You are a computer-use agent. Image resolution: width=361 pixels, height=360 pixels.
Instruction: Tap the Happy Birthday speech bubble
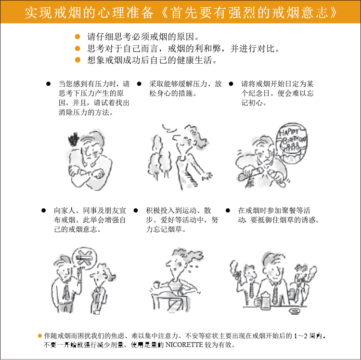[292, 143]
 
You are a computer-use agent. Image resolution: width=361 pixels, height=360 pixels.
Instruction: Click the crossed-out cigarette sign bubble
[84, 258]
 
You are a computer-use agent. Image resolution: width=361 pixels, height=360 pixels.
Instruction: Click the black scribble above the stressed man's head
[74, 139]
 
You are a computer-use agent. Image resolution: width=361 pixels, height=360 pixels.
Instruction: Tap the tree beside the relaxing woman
[159, 157]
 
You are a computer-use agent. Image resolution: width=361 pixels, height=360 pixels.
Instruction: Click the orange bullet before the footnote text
[39, 336]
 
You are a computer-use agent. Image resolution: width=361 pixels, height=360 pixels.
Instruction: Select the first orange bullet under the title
[77, 37]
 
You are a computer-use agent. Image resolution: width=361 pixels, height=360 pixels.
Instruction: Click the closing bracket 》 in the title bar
[334, 13]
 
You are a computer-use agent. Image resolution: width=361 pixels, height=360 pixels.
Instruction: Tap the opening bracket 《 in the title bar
[164, 13]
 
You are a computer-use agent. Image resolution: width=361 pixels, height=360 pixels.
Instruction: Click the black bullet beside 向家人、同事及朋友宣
[43, 211]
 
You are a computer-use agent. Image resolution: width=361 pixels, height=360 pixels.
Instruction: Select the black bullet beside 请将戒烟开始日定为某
[231, 84]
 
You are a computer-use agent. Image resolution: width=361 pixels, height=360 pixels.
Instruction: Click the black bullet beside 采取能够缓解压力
[139, 84]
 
